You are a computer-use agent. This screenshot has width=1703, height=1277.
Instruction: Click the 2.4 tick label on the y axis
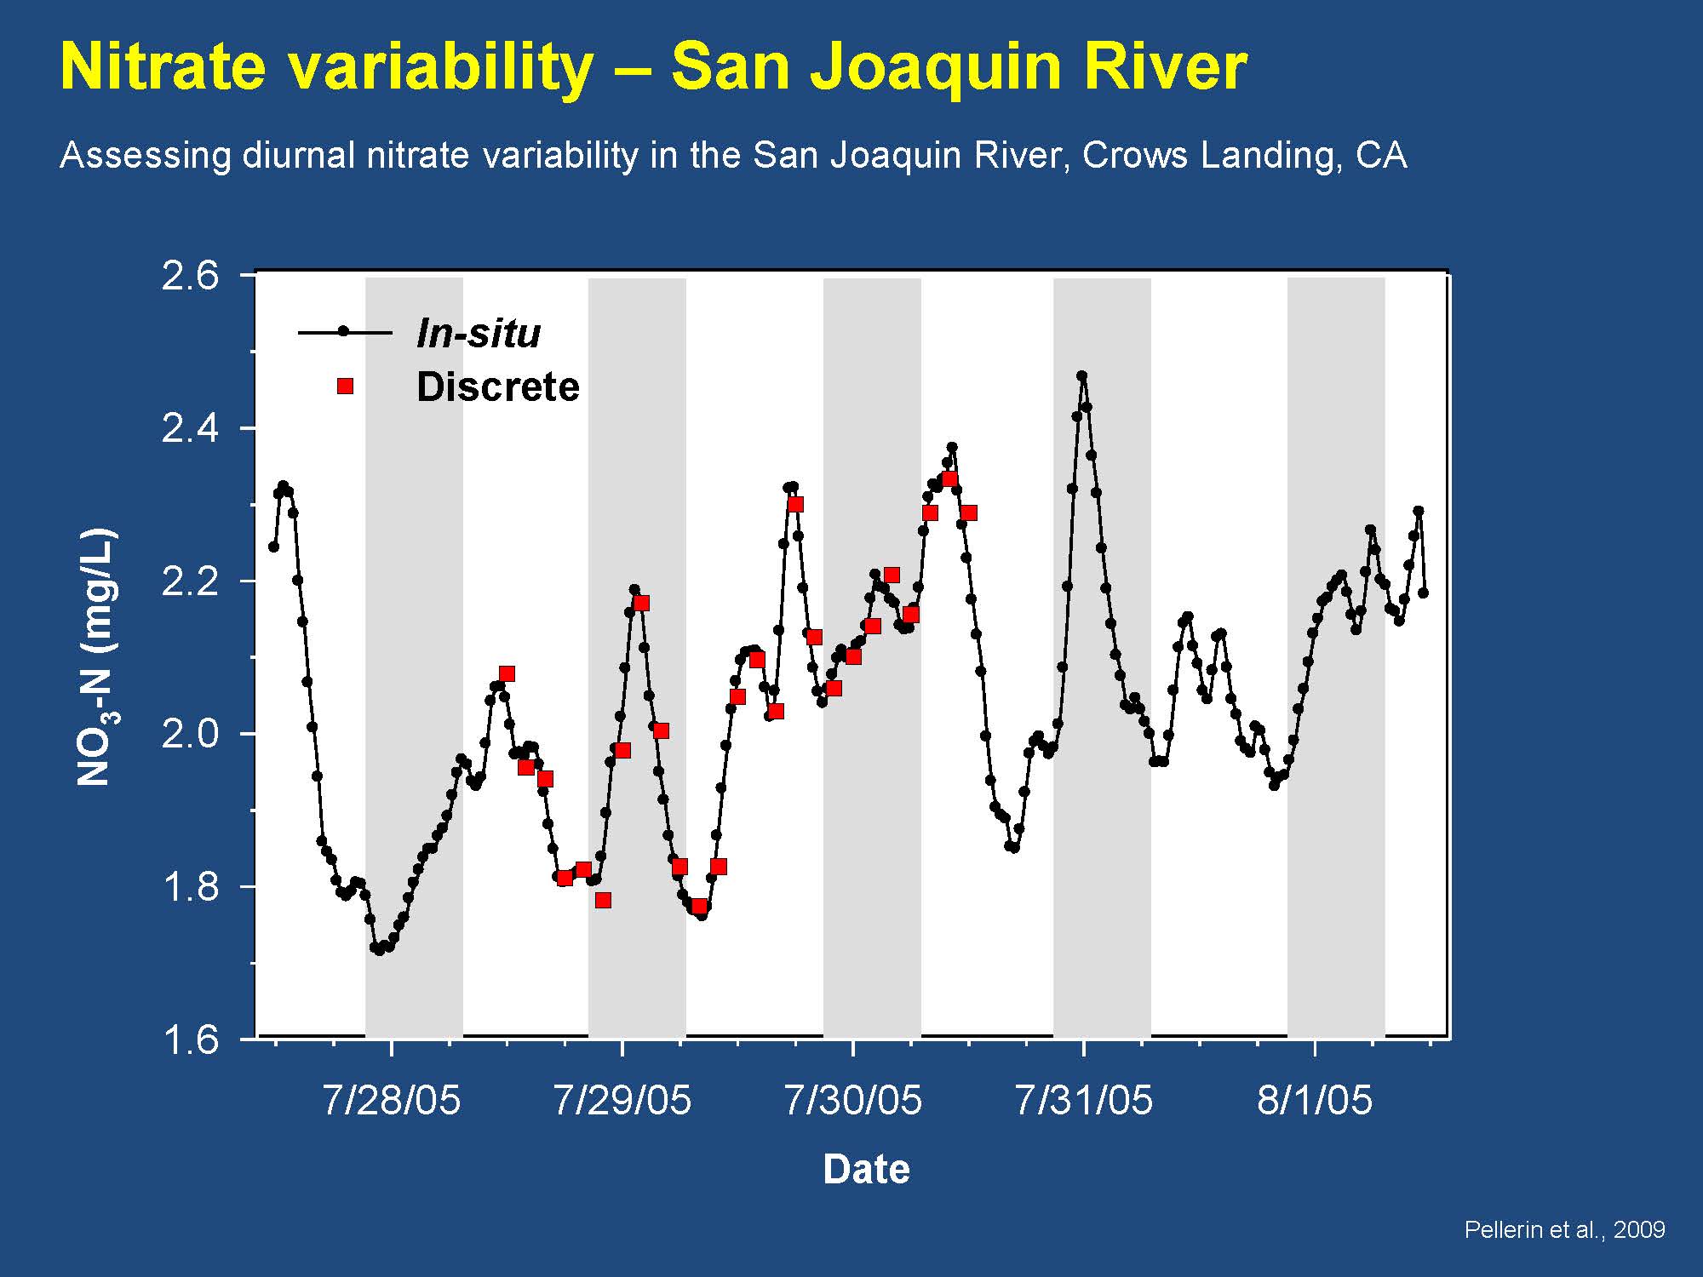pos(190,428)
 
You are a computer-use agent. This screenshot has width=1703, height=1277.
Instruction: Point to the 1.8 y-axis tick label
pos(190,887)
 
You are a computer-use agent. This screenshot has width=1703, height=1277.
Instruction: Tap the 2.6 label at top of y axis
pos(190,277)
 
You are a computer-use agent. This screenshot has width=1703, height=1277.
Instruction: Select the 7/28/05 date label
pos(391,1100)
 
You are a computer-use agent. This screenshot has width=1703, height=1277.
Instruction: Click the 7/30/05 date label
pos(852,1100)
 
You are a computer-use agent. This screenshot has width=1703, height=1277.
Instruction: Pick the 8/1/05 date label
pos(1315,1100)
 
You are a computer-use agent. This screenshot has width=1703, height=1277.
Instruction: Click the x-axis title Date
pos(866,1170)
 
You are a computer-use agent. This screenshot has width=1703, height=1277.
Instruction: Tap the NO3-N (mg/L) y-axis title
pos(96,657)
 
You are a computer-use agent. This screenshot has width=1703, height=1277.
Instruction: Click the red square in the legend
pos(345,387)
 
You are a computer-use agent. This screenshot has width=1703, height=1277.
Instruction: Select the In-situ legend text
pos(478,333)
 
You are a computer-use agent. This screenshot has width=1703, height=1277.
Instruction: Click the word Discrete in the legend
pos(497,387)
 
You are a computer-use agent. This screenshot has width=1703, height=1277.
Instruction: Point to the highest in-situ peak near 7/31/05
pos(1081,375)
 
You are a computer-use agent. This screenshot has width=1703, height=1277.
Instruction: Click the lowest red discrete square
pos(699,907)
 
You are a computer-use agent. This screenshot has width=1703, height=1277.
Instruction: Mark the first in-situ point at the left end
pos(273,547)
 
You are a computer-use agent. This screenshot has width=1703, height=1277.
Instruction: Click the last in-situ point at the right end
pos(1423,593)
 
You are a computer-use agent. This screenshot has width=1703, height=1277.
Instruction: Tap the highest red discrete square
pos(949,479)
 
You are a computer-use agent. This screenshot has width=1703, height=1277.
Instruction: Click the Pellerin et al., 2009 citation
pos(1564,1229)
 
